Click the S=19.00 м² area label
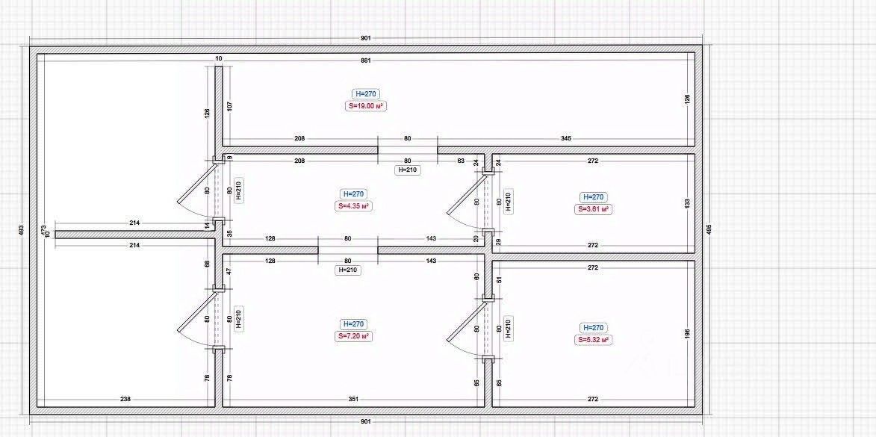click(366, 107)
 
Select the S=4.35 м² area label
click(355, 205)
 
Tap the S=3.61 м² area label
click(594, 209)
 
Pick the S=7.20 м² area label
click(353, 337)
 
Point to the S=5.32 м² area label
click(593, 340)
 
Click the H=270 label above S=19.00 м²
click(366, 94)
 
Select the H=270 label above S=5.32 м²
click(593, 328)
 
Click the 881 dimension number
click(366, 60)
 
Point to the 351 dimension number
click(354, 400)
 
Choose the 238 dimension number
click(125, 400)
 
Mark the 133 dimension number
click(687, 202)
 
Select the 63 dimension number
click(461, 161)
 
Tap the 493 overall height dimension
click(20, 231)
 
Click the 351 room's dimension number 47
click(230, 272)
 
